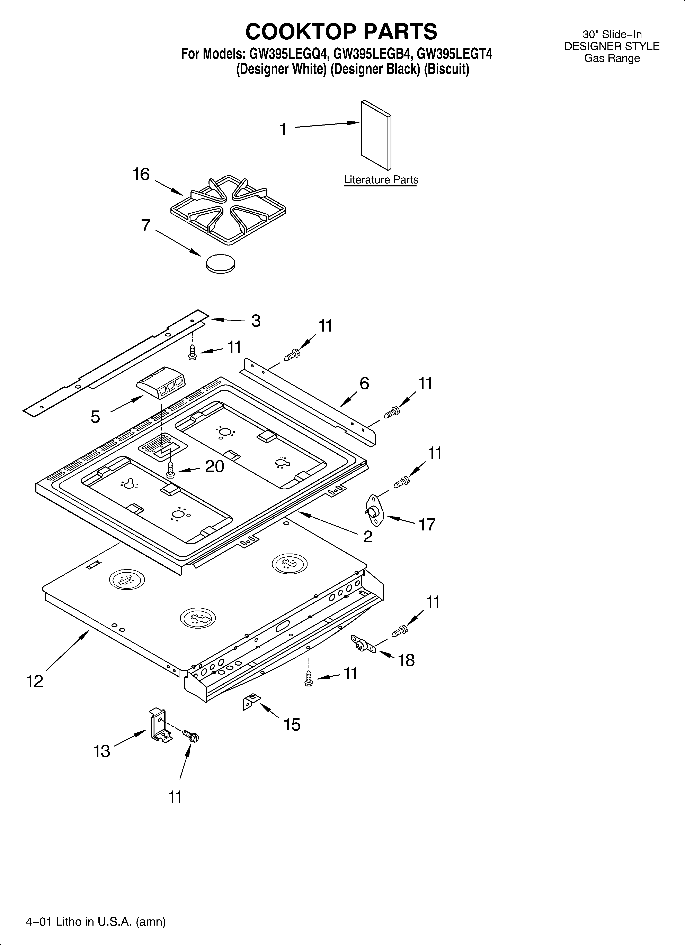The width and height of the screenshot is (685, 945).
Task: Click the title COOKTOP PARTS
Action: click(341, 31)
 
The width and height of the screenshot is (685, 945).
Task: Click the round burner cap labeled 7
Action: click(220, 263)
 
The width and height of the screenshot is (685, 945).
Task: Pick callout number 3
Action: click(256, 321)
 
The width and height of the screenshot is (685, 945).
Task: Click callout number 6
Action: click(364, 383)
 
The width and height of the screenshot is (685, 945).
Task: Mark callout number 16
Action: click(141, 174)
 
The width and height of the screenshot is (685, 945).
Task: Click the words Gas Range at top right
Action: click(612, 58)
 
